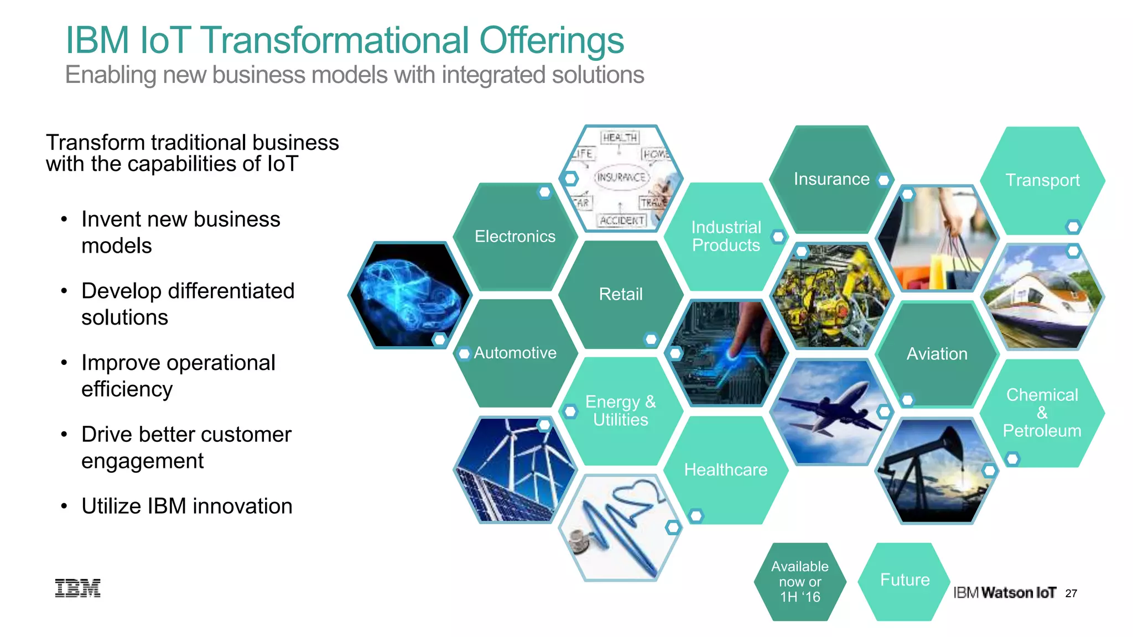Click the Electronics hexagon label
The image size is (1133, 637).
(x=514, y=237)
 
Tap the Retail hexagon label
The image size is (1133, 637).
(x=621, y=294)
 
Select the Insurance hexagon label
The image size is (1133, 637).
(x=831, y=179)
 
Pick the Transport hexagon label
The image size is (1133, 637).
(x=1042, y=180)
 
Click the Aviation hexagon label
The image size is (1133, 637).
(x=937, y=354)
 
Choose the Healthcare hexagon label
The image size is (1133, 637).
(x=725, y=470)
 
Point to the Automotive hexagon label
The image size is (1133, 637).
(x=515, y=353)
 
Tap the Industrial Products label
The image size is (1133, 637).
(x=726, y=236)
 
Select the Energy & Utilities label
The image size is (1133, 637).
(x=620, y=411)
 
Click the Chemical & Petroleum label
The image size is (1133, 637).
(x=1042, y=413)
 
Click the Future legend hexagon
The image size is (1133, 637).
(x=905, y=580)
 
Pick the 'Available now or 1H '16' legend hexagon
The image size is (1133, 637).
(x=800, y=582)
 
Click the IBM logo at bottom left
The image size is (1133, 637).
(x=77, y=588)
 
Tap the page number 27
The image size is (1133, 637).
(x=1071, y=593)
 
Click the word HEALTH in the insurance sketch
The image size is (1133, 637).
(x=620, y=138)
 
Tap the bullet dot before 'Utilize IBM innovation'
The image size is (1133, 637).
(x=64, y=507)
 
